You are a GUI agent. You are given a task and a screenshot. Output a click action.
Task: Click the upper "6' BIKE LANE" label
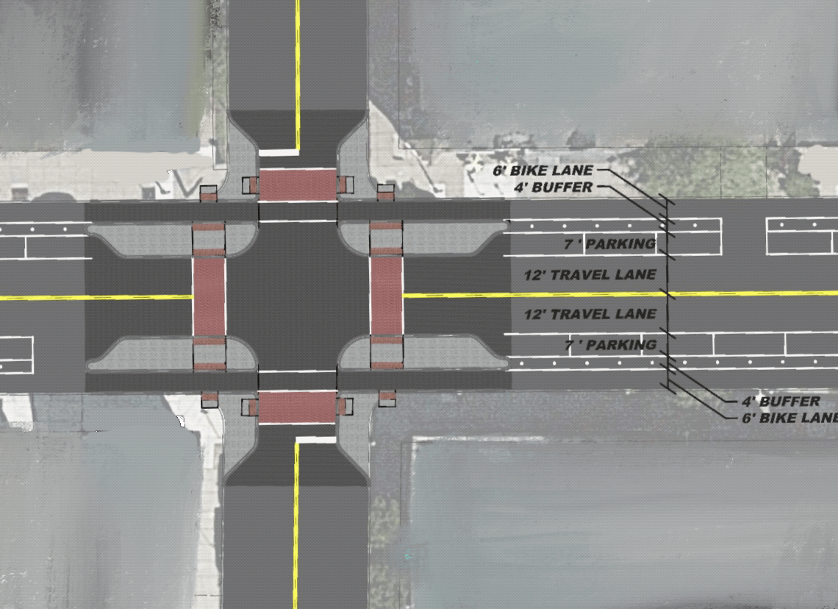coord(543,171)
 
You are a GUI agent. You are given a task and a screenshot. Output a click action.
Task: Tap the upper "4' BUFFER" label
coord(553,188)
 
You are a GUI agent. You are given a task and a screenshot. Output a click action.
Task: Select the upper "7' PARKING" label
coord(610,244)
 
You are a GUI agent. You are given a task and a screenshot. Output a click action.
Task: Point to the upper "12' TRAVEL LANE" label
coord(590,275)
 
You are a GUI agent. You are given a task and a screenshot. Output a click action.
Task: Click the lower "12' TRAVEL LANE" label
coord(590,314)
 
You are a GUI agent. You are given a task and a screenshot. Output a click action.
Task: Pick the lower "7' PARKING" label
coord(610,345)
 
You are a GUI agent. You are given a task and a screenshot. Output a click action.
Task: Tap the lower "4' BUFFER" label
coord(781,402)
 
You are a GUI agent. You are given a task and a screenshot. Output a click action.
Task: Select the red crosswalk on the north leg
coord(298,185)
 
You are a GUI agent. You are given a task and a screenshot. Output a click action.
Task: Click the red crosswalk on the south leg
coord(297,406)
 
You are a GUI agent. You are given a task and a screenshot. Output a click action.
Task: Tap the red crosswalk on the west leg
coord(209,296)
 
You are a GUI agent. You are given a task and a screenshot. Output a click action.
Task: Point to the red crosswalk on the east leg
coord(387,296)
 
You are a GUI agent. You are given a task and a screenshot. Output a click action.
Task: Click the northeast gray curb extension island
coord(422,237)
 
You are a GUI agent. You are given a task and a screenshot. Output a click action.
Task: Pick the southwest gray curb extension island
coord(172,353)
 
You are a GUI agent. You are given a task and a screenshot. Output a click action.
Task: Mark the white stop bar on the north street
coord(279,153)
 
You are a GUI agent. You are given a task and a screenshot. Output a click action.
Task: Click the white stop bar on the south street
coord(316,440)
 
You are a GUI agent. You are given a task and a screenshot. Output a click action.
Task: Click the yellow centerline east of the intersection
coord(620,294)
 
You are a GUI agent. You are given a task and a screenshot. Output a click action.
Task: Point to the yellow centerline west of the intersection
coord(96,297)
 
